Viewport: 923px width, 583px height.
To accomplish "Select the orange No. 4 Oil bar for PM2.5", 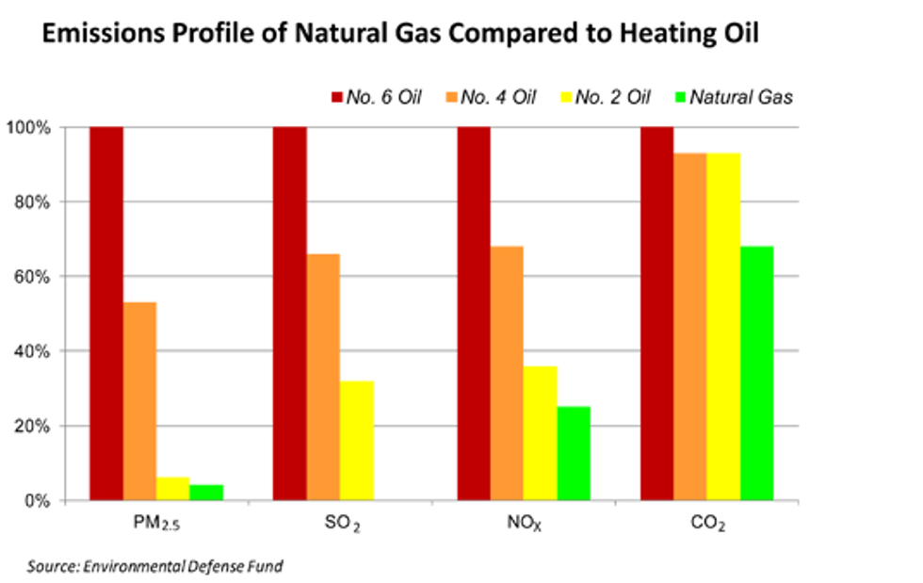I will pyautogui.click(x=139, y=400).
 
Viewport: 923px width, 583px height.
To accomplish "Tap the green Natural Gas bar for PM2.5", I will pyautogui.click(x=206, y=492).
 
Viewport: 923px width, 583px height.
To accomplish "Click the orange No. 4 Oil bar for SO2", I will pyautogui.click(x=323, y=377).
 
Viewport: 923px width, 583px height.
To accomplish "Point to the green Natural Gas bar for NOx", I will pyautogui.click(x=574, y=453).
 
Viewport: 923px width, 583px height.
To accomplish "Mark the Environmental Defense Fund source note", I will pyautogui.click(x=155, y=566).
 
